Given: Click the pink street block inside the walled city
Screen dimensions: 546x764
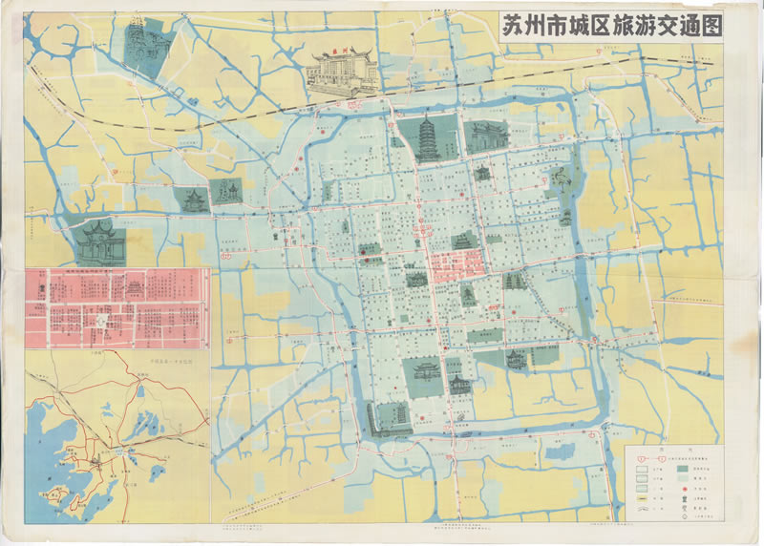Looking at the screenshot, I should [x=453, y=264].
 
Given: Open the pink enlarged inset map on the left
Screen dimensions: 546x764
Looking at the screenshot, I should [x=117, y=306].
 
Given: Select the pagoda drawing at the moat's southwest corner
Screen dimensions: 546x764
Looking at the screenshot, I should [x=387, y=418].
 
